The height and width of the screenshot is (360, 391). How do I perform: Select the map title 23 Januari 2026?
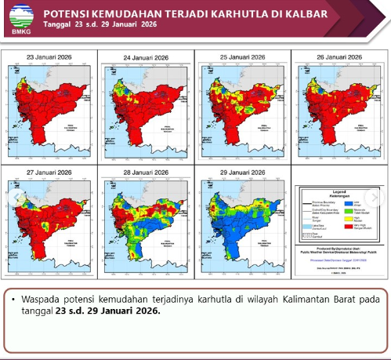coord(49,57)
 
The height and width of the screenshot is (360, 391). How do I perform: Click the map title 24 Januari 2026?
coord(147,57)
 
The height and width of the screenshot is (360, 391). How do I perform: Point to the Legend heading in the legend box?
coord(339,191)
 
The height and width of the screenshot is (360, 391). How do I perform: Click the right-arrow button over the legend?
coord(375,198)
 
